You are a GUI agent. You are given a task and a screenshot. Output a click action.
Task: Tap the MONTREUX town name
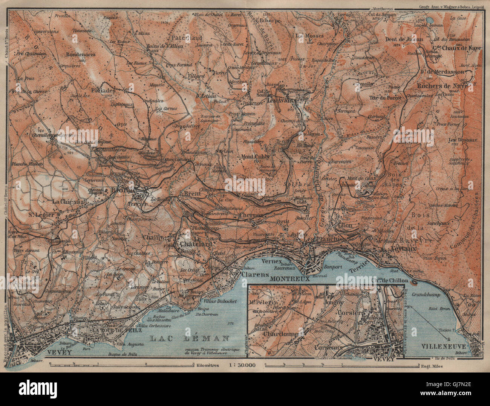(x=289, y=279)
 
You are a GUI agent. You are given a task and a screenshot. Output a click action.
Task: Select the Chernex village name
(x=250, y=216)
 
